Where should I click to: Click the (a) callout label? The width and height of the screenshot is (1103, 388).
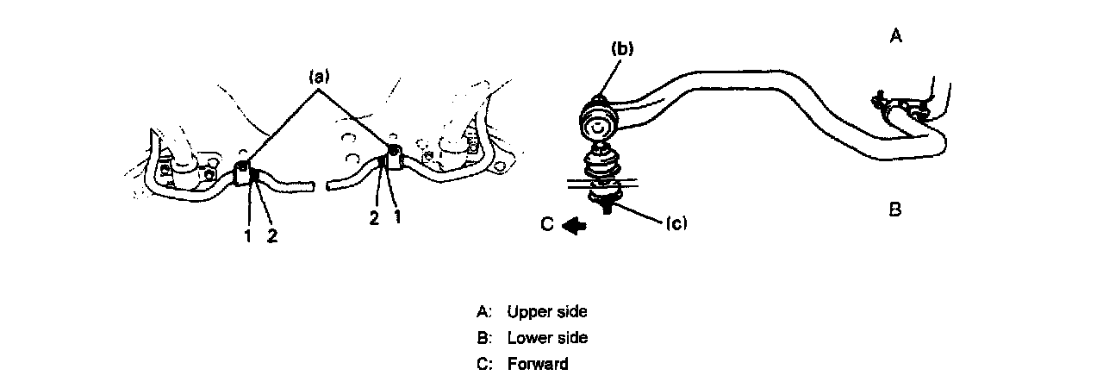pos(320,77)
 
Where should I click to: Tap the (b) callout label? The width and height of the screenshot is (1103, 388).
pos(622,49)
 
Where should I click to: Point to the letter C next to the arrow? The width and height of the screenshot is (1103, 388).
pos(547,225)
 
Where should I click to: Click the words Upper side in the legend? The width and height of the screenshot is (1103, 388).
pos(547,311)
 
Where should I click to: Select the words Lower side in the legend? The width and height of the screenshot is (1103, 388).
pos(547,337)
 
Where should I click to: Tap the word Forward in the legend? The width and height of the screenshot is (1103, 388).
pos(538,364)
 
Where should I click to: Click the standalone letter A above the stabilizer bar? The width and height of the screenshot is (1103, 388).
pos(896,36)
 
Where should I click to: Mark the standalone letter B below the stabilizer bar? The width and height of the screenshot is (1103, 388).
pos(895,210)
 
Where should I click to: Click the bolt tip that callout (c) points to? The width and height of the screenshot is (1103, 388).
pos(608,208)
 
